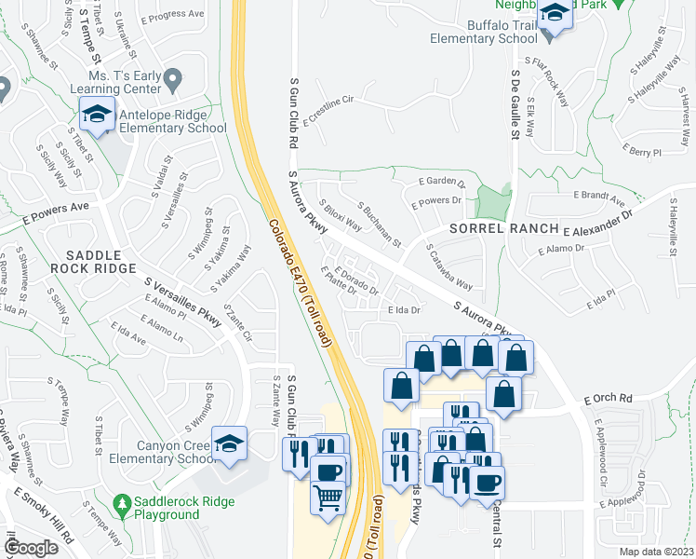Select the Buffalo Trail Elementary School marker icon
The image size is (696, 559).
coord(555,15)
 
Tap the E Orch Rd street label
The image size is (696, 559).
coord(608,398)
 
